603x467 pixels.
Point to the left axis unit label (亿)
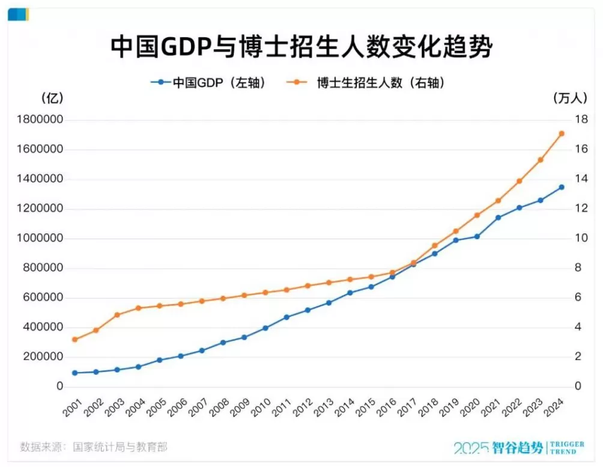click(53, 98)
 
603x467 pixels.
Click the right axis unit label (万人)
click(565, 98)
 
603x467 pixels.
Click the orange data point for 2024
click(562, 133)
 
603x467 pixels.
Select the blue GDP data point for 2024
click(562, 187)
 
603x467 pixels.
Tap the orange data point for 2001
click(74, 340)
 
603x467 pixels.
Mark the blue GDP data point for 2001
click(74, 373)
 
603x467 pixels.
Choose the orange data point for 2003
click(117, 315)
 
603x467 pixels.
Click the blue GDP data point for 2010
click(265, 328)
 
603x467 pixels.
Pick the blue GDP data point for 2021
click(498, 218)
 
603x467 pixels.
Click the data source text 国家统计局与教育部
click(120, 447)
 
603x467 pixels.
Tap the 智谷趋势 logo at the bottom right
click(518, 448)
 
